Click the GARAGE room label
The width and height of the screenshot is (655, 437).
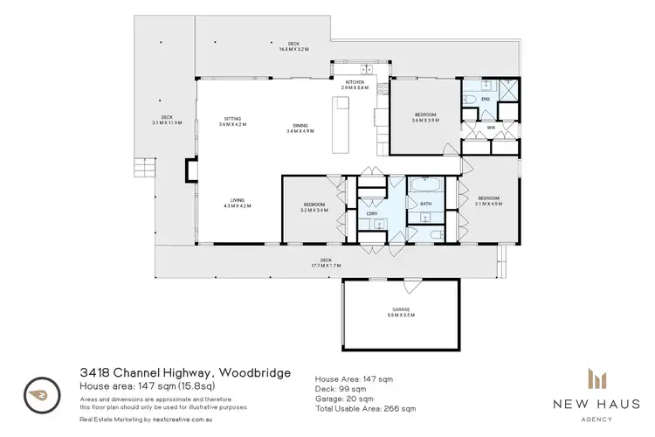[x=403, y=311]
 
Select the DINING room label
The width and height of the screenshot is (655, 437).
[x=300, y=126]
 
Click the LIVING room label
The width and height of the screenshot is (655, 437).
[x=237, y=203]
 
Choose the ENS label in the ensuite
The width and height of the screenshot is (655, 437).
[x=486, y=99]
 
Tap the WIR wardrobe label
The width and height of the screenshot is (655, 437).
[x=491, y=128]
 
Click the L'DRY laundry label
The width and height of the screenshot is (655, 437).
[x=372, y=213]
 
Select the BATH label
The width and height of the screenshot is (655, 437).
[x=426, y=204]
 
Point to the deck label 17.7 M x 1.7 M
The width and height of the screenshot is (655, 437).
[x=327, y=262]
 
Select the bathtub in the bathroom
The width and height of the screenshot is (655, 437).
[x=425, y=185]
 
